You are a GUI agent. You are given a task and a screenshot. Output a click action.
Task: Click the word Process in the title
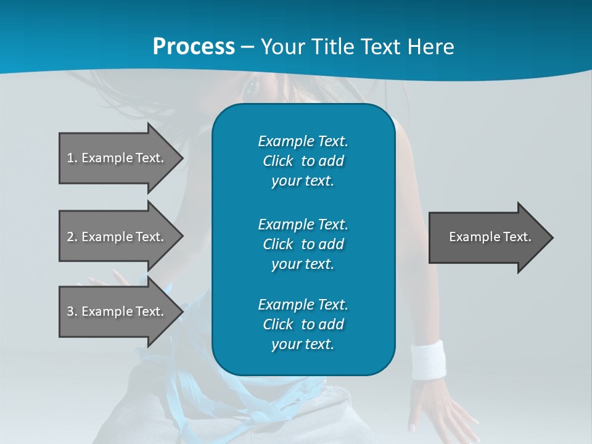click(x=194, y=47)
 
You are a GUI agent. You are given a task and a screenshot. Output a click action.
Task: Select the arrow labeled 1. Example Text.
click(x=117, y=158)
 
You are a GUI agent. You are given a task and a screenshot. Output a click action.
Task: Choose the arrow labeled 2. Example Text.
click(x=117, y=237)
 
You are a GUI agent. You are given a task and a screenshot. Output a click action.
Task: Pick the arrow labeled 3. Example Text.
click(x=117, y=311)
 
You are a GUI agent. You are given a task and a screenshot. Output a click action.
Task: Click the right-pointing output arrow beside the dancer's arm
click(x=487, y=237)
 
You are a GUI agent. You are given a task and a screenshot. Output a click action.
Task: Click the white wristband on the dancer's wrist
click(x=429, y=359)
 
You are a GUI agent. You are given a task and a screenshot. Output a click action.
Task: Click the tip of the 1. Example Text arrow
click(x=181, y=158)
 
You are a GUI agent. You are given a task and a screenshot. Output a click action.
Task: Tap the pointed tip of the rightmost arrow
click(x=551, y=237)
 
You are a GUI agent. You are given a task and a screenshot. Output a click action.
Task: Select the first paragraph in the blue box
click(x=303, y=161)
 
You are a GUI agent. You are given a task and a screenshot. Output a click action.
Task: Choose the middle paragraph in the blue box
click(x=303, y=244)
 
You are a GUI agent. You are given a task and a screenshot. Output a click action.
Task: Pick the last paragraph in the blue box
click(x=303, y=324)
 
